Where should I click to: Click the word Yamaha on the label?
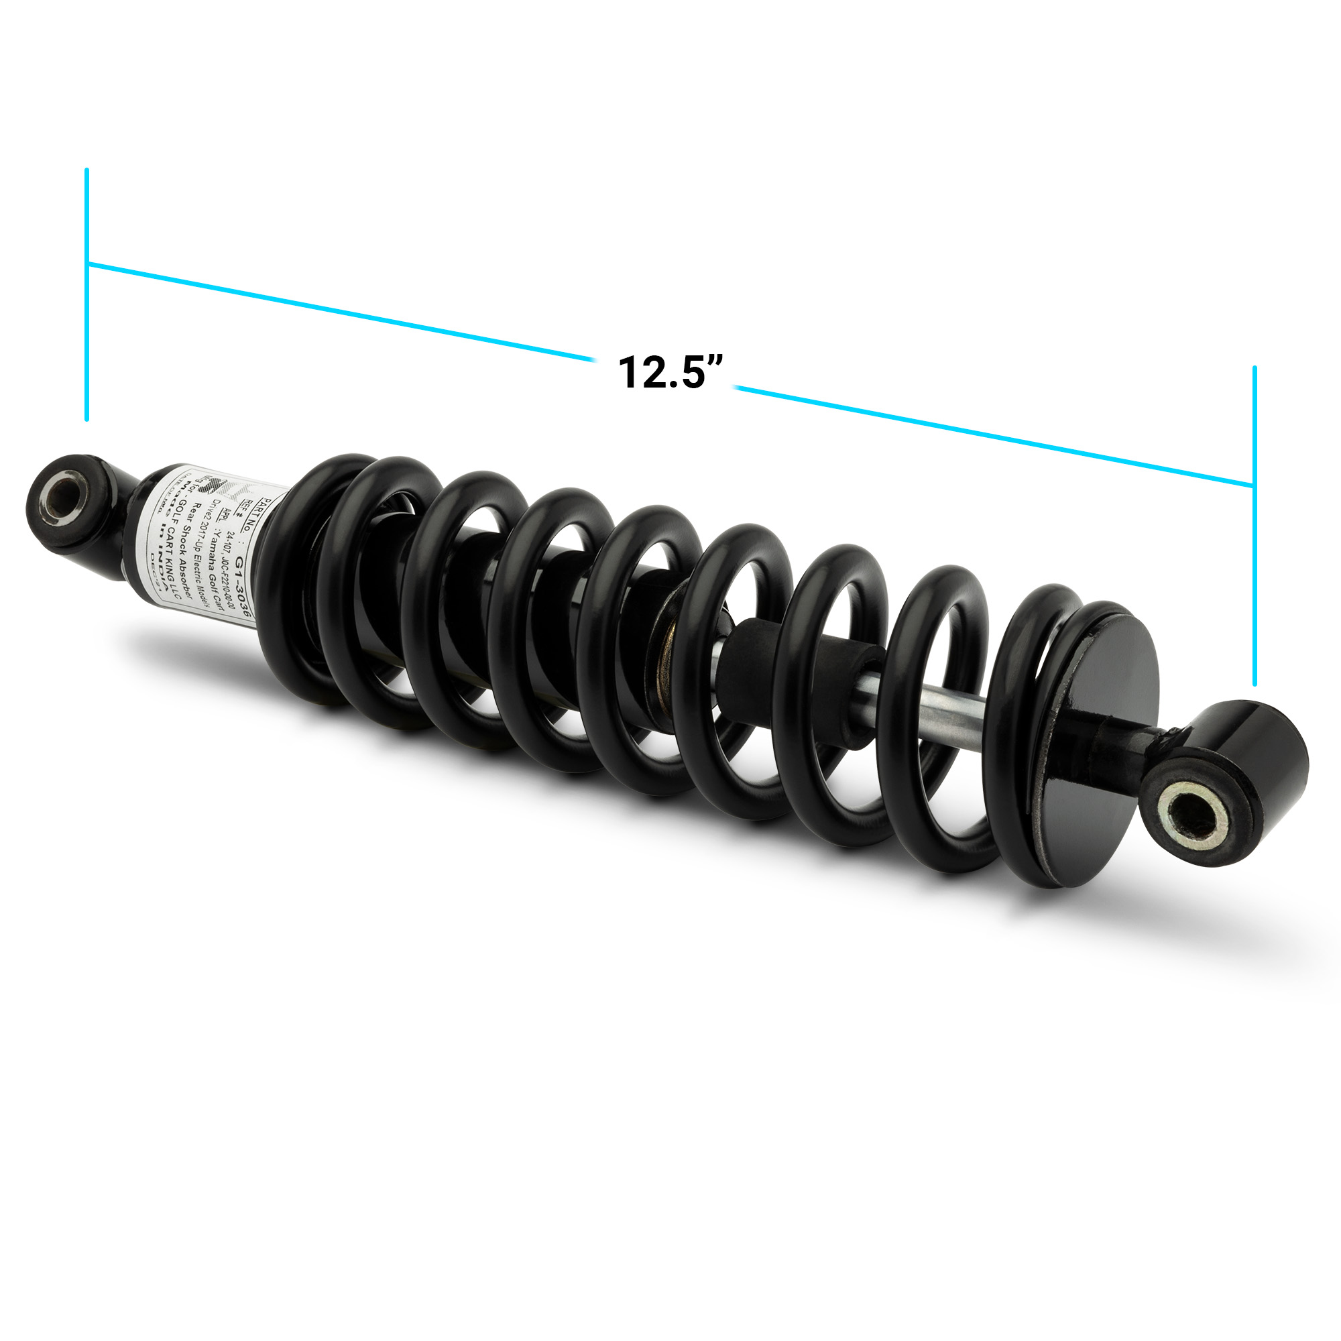213,549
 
